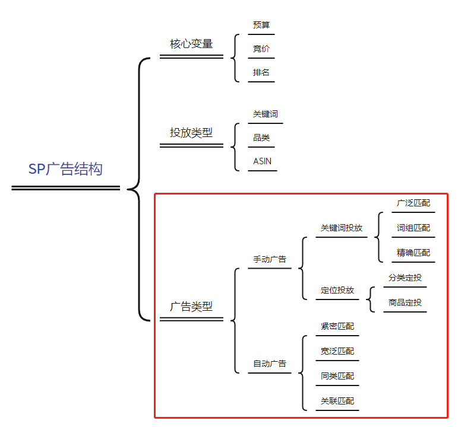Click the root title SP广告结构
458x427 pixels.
tap(65, 169)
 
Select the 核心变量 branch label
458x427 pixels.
tap(191, 44)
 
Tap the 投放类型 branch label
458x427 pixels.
tap(191, 133)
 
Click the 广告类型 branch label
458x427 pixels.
tap(191, 307)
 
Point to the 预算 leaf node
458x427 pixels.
tap(261, 25)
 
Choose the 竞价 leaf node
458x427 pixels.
tap(261, 49)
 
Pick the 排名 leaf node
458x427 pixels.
tap(261, 72)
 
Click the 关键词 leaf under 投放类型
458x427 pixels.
tap(266, 114)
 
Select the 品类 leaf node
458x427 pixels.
tap(261, 138)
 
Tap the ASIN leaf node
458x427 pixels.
tap(263, 161)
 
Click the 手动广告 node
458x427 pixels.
tap(270, 259)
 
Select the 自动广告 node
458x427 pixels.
tap(270, 364)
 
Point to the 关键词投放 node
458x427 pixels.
tap(342, 228)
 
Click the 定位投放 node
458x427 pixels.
tap(337, 290)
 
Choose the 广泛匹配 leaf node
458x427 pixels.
tap(413, 203)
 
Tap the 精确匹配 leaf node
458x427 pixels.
tap(413, 253)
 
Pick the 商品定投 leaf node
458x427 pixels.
tap(405, 302)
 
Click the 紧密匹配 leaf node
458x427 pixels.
tap(337, 326)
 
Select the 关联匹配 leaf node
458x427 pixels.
tap(337, 401)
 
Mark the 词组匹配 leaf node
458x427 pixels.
tap(413, 228)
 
